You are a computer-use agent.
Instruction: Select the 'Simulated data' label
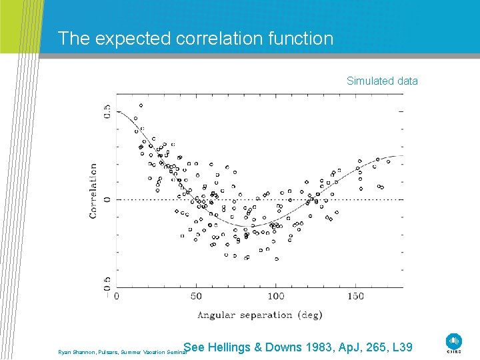point(382,81)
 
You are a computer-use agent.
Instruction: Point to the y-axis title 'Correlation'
point(93,191)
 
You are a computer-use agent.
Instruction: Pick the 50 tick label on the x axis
point(197,296)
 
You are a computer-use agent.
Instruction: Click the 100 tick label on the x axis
point(275,296)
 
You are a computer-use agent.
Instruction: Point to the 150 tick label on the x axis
point(355,296)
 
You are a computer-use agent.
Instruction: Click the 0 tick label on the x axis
point(117,296)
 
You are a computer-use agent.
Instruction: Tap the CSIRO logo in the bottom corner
point(455,343)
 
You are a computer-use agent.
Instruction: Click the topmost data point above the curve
point(141,105)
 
